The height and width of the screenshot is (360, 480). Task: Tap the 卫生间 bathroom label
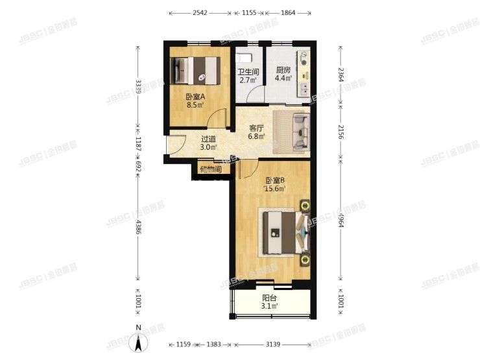(x=247, y=72)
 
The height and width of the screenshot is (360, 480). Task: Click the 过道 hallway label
(x=208, y=139)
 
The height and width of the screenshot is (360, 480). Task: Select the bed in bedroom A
(x=197, y=69)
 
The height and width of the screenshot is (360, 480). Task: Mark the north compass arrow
(x=138, y=341)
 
